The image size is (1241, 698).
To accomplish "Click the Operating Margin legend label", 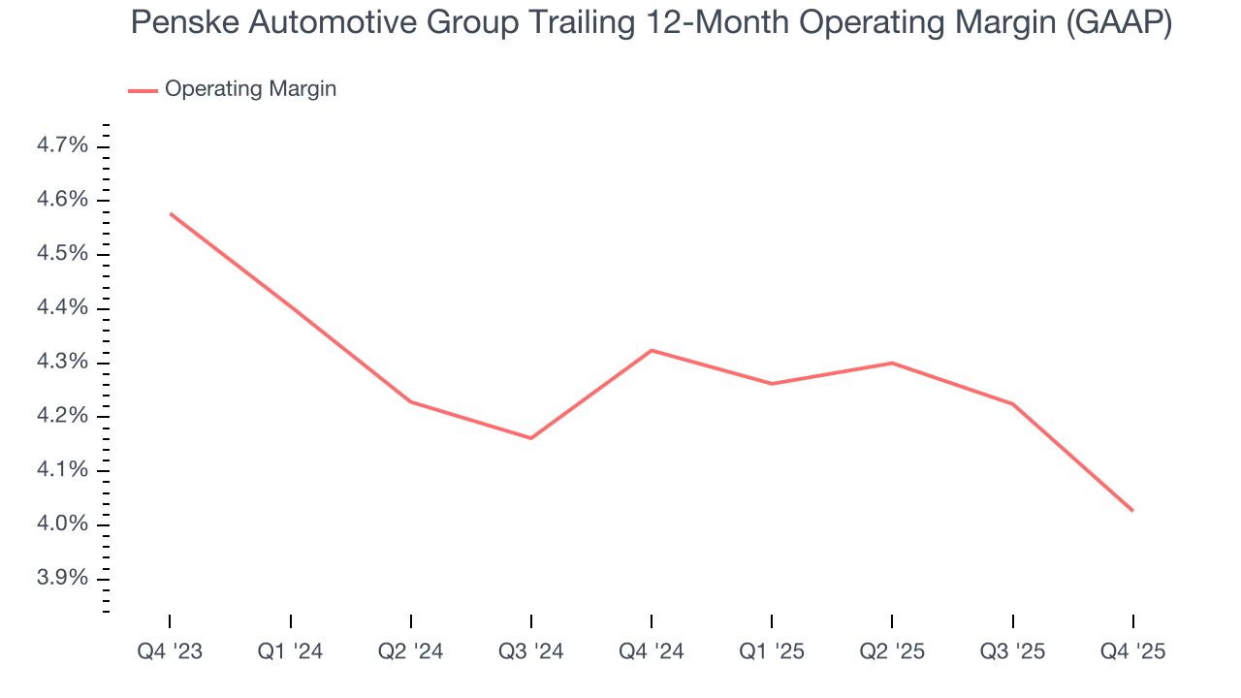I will click(250, 89).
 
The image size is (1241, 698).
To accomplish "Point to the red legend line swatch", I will click(143, 90).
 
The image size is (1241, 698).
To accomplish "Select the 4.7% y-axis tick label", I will click(62, 145).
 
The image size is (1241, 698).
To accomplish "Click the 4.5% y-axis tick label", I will click(62, 254).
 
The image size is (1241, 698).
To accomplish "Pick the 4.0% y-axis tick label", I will click(62, 524).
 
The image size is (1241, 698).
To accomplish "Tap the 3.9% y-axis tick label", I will click(62, 579).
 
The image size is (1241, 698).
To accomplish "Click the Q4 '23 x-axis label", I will click(170, 651).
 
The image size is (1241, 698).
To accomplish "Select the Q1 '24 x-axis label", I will click(290, 651).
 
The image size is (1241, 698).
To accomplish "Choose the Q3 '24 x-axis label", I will click(530, 651).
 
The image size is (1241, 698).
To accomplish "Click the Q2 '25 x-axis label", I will click(892, 651).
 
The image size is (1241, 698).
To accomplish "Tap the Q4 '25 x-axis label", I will click(1132, 651).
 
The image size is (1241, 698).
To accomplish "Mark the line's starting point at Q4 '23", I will click(171, 213).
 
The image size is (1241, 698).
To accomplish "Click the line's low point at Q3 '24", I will click(530, 438).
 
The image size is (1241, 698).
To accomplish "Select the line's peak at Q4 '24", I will click(652, 350).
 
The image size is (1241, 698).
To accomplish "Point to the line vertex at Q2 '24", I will click(411, 401).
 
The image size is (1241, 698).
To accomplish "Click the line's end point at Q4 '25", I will click(1132, 511).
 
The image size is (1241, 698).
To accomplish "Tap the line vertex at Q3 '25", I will click(1012, 403).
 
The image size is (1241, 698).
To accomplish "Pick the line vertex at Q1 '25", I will click(772, 384).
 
